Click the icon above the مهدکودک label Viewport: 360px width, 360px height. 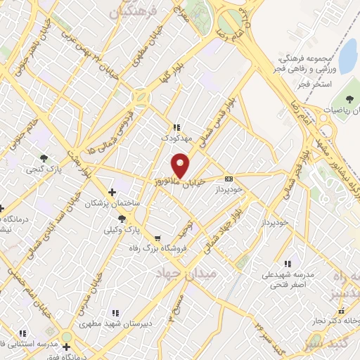176,128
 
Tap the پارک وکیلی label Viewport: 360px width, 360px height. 122,230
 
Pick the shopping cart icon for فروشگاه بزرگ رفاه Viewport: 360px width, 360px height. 157,238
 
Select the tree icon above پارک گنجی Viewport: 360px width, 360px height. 44,158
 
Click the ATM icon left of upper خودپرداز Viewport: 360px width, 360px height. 230,179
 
